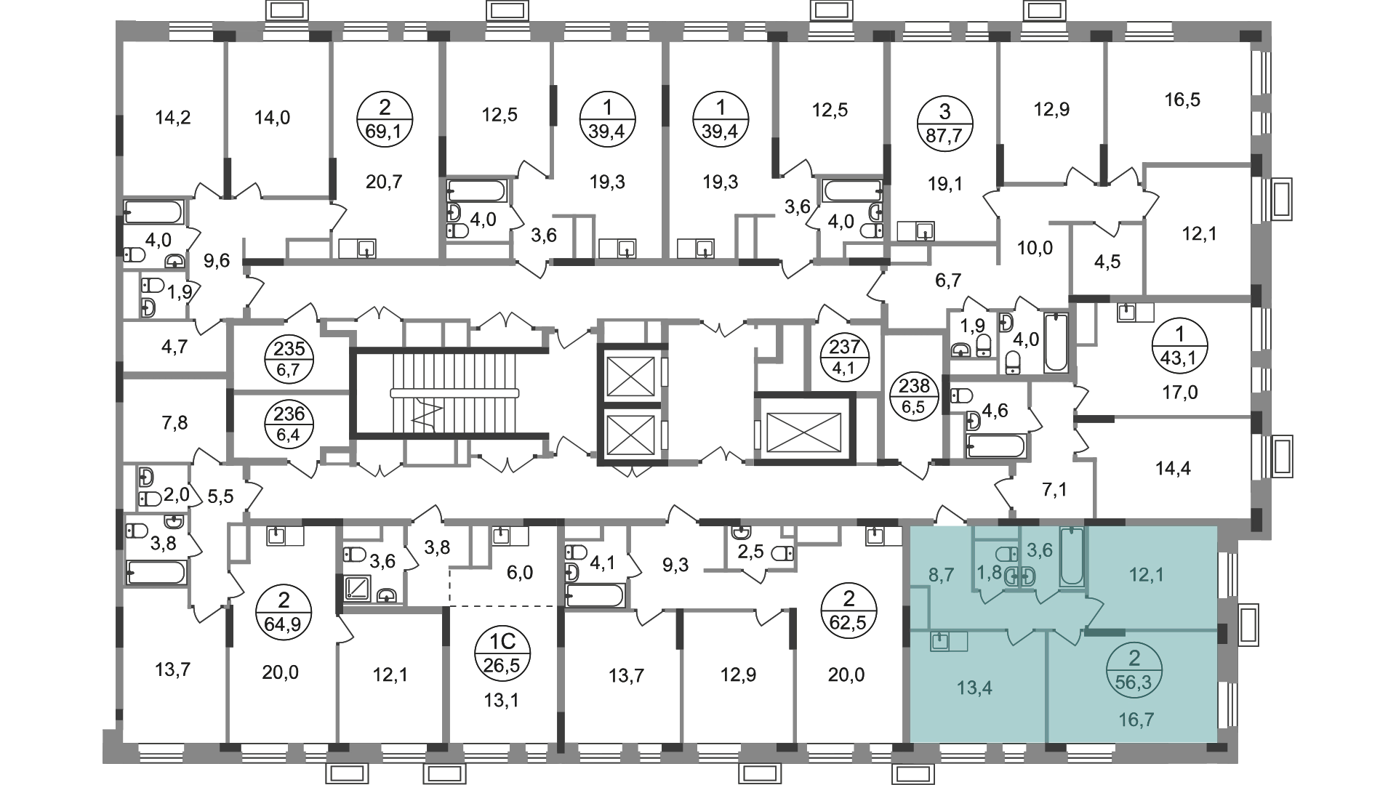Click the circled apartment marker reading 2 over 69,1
click(385, 120)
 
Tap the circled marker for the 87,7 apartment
click(944, 120)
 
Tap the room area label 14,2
click(173, 117)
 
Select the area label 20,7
click(385, 182)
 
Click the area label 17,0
click(1179, 393)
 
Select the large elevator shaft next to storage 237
click(803, 428)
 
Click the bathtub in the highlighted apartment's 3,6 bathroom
click(1072, 557)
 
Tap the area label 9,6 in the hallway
click(217, 260)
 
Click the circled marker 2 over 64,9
click(284, 612)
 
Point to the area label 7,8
click(173, 422)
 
